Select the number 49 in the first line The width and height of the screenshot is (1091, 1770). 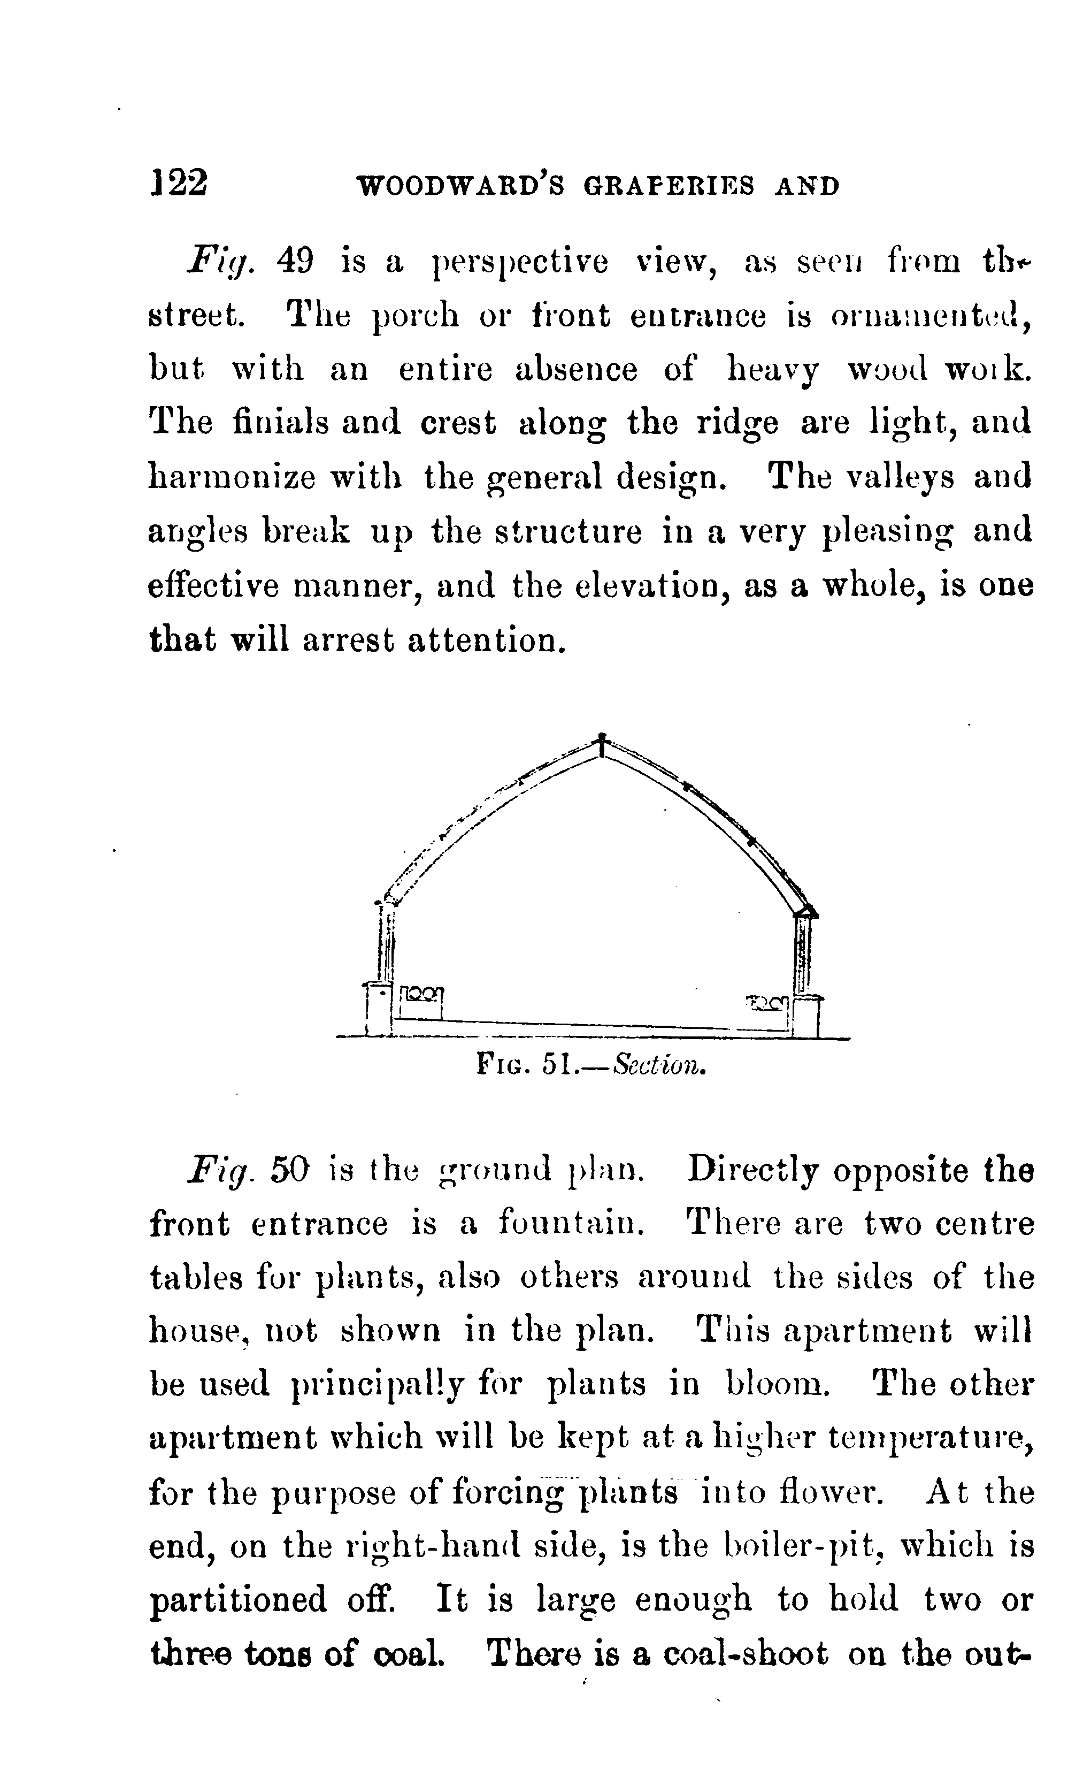[x=294, y=261]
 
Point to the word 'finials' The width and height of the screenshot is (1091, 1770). [x=281, y=422]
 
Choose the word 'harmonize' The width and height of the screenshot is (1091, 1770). [x=232, y=477]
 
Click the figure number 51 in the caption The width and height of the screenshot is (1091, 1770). [x=556, y=1065]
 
